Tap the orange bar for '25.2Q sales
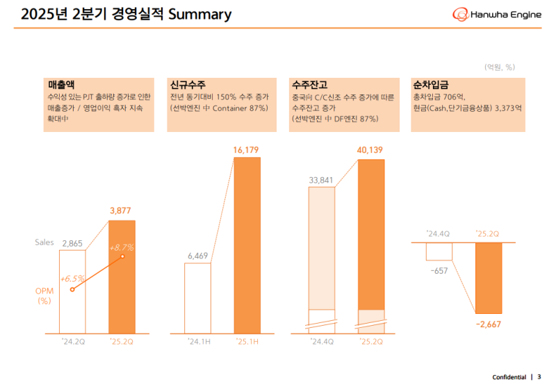[123, 292]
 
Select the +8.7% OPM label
[121, 247]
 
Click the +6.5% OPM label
[72, 278]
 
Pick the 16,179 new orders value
[247, 149]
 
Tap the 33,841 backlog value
[321, 178]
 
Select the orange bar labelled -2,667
[488, 278]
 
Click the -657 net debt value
[439, 270]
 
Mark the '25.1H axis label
[247, 341]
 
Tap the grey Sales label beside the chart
[44, 242]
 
